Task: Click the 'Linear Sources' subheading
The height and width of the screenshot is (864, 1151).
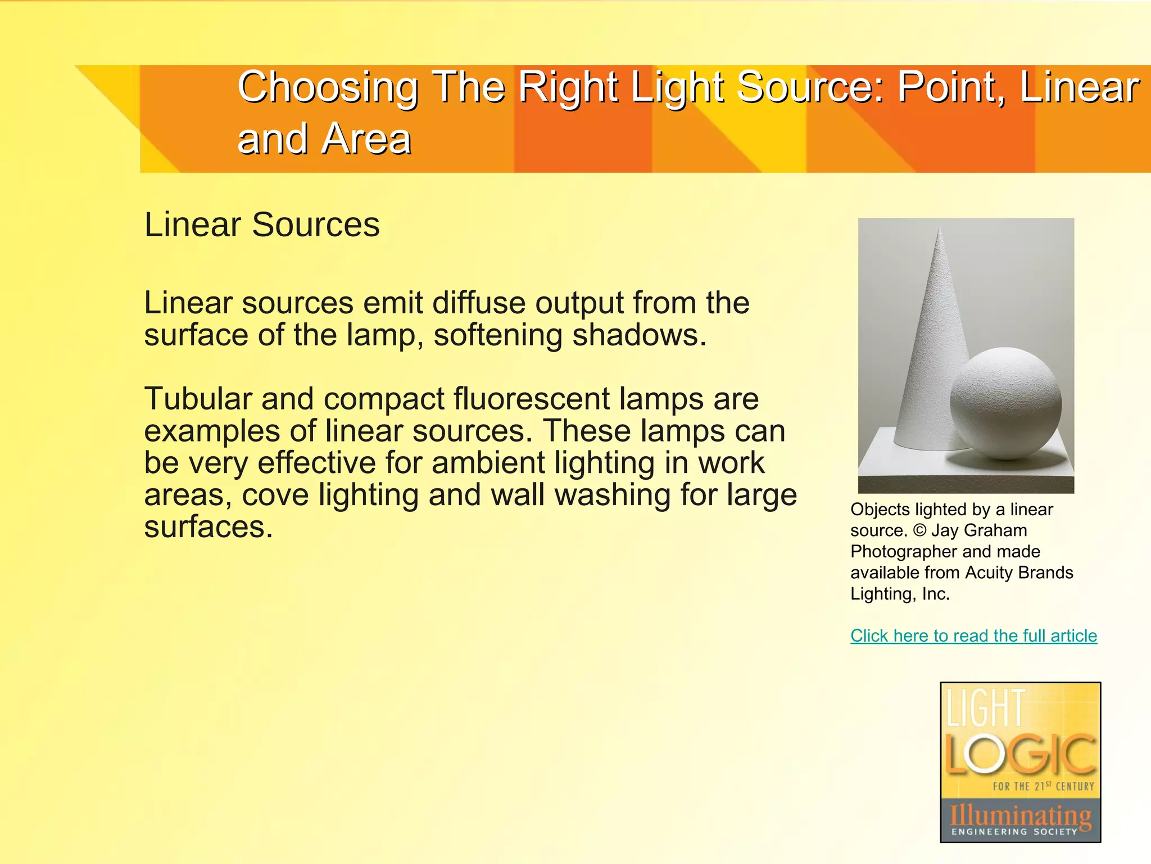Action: [262, 224]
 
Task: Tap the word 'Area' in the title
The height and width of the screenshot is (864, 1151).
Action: [367, 139]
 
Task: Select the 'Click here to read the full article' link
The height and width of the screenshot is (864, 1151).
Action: [973, 636]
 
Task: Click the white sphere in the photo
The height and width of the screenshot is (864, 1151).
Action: [1005, 403]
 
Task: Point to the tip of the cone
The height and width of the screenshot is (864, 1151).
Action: [940, 229]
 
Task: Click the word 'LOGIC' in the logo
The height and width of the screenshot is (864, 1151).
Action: [1020, 754]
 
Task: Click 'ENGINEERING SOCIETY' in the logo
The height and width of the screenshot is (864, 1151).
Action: [1014, 831]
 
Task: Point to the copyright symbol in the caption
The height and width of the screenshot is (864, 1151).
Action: [919, 530]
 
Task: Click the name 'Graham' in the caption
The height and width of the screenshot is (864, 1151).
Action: [995, 530]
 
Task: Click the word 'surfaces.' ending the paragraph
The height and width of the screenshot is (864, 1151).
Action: [209, 527]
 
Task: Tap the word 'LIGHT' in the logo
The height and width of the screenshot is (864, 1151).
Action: [986, 708]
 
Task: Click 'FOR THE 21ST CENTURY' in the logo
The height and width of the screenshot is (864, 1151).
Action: [1043, 786]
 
